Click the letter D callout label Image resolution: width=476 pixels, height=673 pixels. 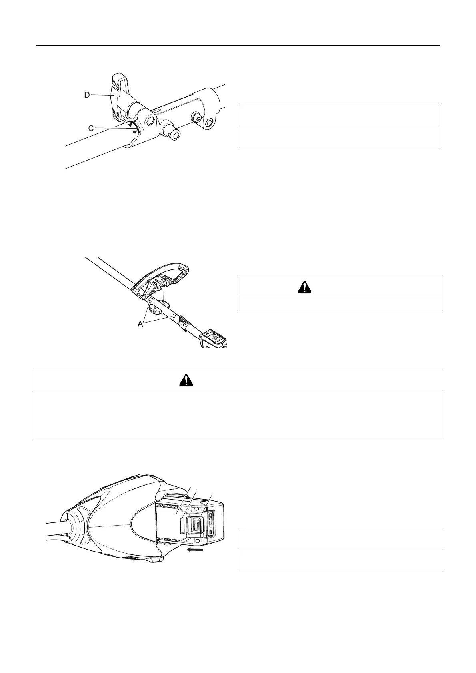87,95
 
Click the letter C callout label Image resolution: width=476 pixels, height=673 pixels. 91,128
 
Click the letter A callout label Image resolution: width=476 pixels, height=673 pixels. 140,324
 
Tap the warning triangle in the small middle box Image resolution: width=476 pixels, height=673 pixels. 305,287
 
